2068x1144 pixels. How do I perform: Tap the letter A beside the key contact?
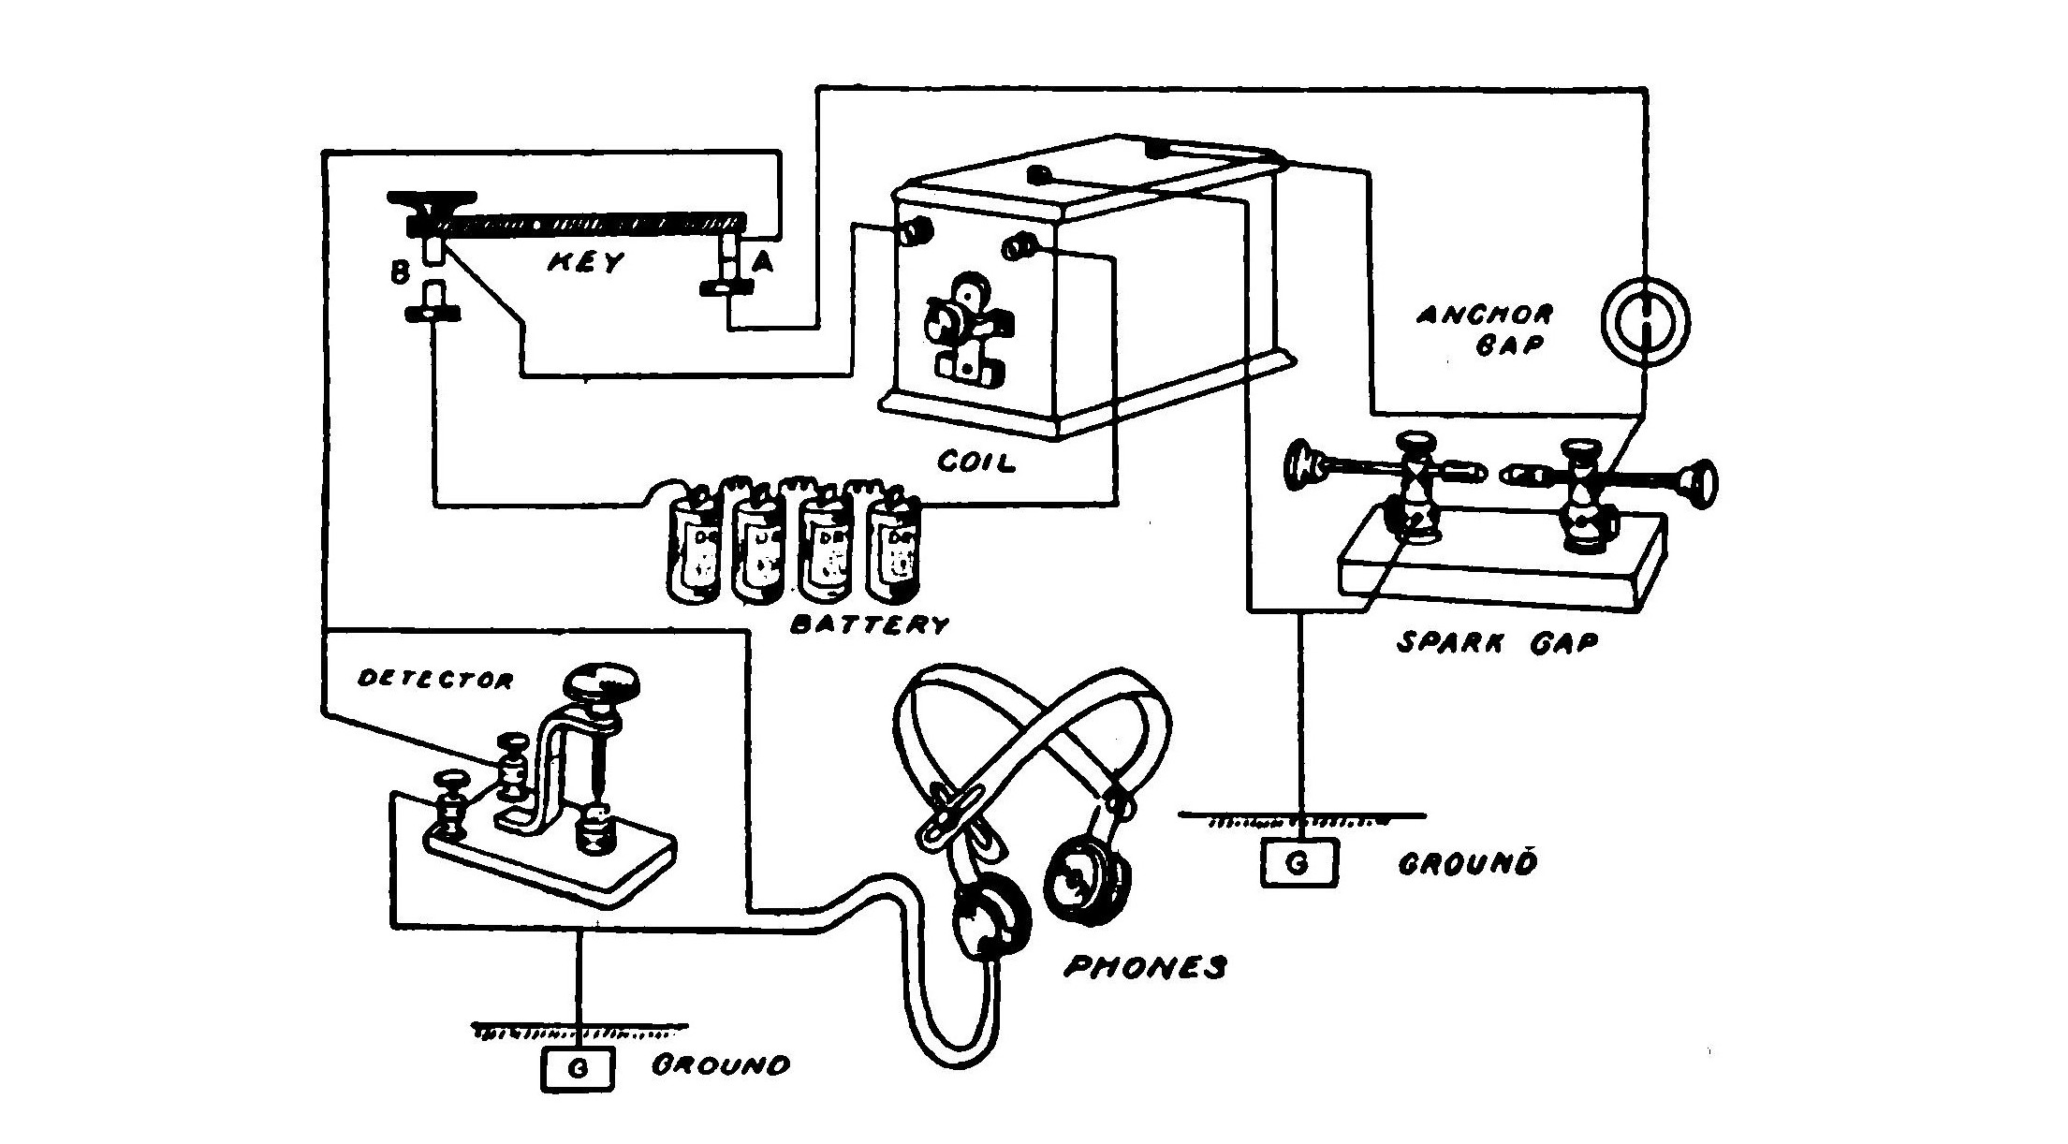tap(764, 263)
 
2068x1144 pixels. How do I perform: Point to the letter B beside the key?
tap(400, 273)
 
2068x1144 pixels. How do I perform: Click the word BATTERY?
tap(870, 624)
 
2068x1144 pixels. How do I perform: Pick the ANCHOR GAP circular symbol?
tap(1646, 323)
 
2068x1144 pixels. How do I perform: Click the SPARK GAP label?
tap(1497, 642)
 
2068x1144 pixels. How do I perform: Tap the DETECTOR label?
tap(436, 680)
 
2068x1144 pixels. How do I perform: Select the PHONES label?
tap(1144, 966)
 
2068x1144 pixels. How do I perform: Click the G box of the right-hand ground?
tap(1298, 863)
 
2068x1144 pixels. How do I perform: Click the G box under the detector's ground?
tap(578, 1068)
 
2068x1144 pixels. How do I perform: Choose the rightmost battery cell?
tap(894, 548)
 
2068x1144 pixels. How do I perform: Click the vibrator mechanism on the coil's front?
tap(964, 337)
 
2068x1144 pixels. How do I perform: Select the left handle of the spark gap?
tap(1303, 465)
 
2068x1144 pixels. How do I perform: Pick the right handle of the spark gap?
tap(1698, 484)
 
